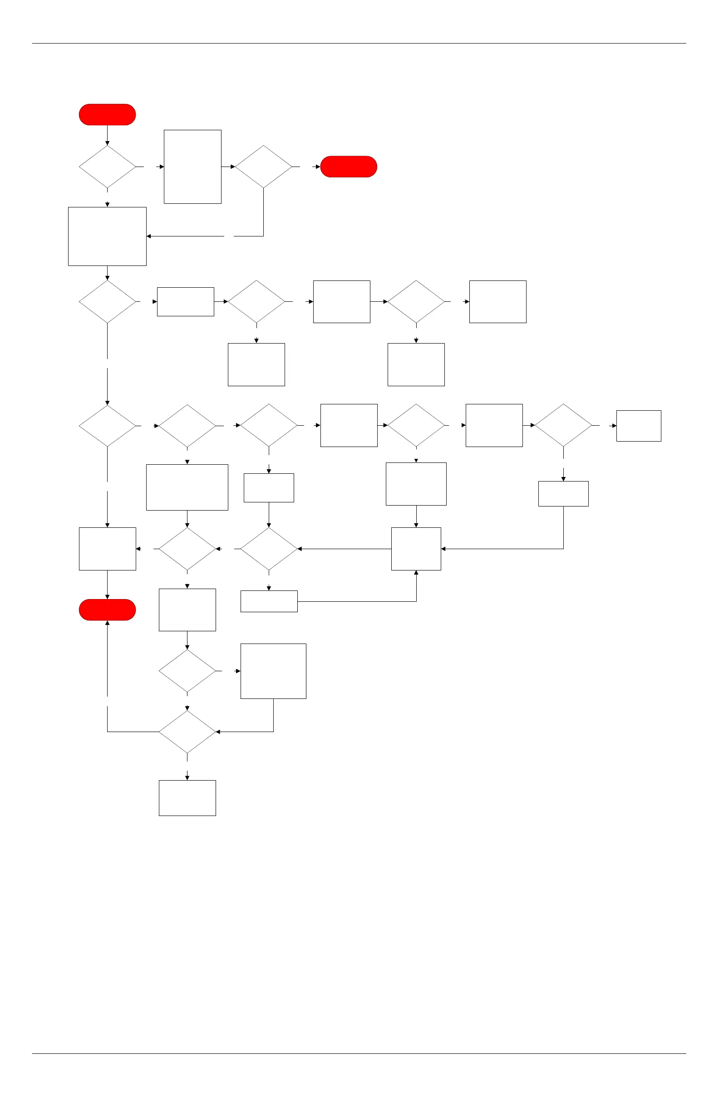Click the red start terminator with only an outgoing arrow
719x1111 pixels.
coord(108,114)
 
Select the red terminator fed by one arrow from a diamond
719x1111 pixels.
coord(348,167)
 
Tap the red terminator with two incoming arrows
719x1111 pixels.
coord(108,610)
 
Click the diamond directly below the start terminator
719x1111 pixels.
coord(108,167)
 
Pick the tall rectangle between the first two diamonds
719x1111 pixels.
coord(192,167)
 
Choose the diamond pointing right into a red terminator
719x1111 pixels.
coord(263,167)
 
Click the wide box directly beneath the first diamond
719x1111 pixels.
coord(108,236)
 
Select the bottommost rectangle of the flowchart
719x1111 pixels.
coord(187,798)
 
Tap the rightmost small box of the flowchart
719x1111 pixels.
coord(638,426)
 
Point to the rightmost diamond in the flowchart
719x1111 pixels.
coord(563,425)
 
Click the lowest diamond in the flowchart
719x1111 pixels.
coord(187,732)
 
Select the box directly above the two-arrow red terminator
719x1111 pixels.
coord(108,549)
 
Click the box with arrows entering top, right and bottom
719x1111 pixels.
coord(416,549)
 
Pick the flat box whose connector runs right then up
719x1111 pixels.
coord(269,601)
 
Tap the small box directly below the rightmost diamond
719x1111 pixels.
coord(563,493)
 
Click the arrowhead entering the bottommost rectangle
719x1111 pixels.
coord(187,778)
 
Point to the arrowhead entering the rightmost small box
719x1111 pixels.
coord(614,426)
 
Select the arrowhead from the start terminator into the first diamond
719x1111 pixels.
coord(108,143)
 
